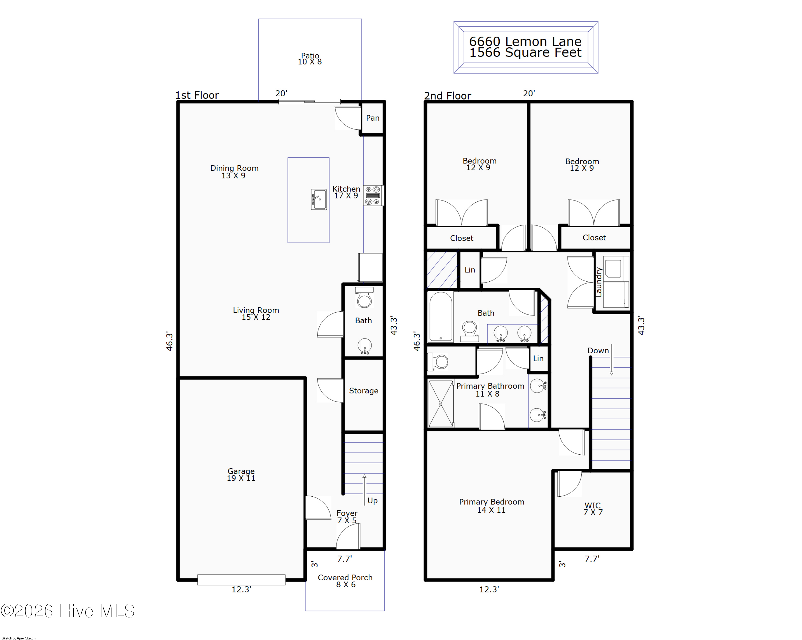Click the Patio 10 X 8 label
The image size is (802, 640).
(310, 59)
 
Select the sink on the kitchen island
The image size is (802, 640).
(319, 200)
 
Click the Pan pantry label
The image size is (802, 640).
(372, 118)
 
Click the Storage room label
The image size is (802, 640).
(363, 391)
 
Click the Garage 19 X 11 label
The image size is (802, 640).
(241, 474)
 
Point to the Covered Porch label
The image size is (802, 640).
(345, 581)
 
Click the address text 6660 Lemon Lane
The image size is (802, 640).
(525, 41)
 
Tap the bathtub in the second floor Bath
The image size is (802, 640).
(441, 316)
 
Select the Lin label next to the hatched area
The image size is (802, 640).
(469, 270)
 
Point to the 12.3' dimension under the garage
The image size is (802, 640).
(241, 589)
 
